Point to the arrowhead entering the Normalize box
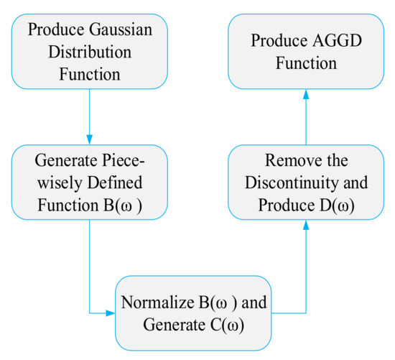pos(111,313)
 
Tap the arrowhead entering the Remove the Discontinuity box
pos(306,225)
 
